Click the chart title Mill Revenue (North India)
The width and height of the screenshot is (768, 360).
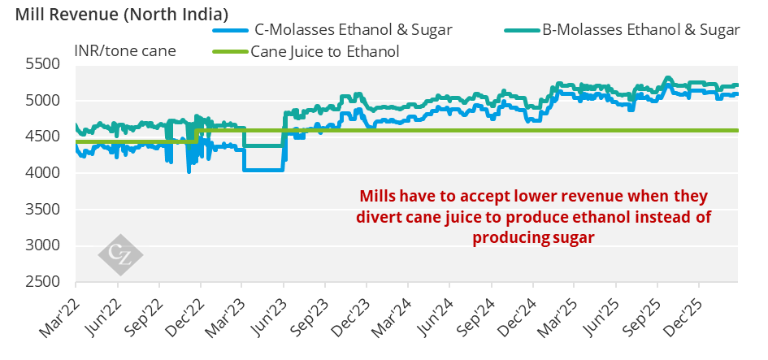(x=115, y=14)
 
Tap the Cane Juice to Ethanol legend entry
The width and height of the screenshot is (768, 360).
(x=325, y=52)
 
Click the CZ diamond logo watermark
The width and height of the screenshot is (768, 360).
(x=120, y=254)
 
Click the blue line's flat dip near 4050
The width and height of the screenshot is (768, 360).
(x=263, y=170)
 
